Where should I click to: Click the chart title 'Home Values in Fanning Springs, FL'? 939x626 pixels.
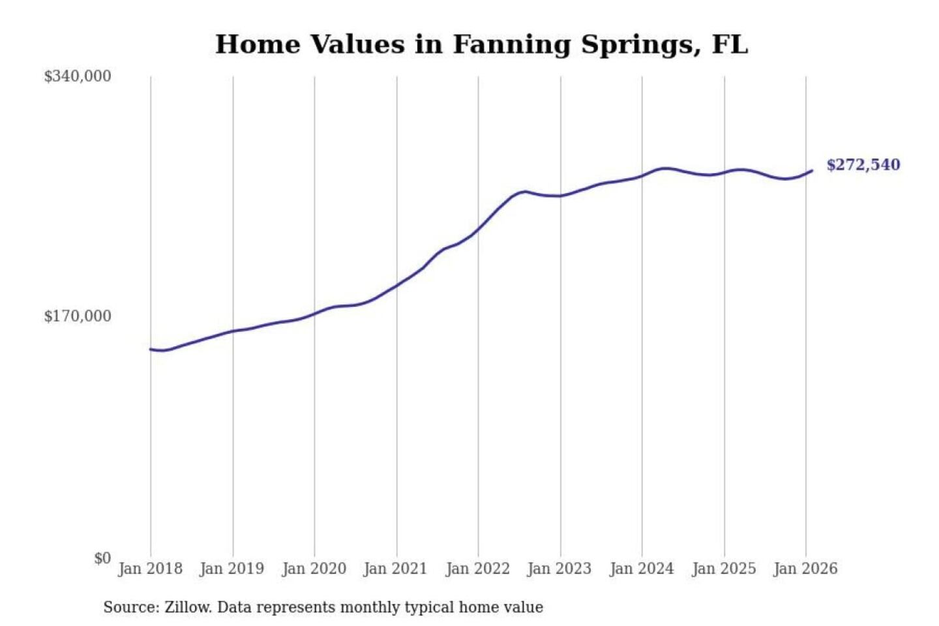[481, 44]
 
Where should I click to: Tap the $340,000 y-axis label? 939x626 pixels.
[78, 76]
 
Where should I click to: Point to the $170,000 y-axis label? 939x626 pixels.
[78, 316]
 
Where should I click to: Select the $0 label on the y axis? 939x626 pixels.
[102, 558]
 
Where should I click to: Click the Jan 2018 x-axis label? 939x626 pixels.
[150, 569]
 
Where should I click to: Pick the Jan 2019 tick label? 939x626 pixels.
[232, 569]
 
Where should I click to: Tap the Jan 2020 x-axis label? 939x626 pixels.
[314, 569]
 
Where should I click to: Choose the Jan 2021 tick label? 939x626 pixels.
[395, 569]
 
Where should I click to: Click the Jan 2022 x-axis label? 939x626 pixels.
[477, 569]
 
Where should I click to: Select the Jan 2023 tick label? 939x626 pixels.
[559, 569]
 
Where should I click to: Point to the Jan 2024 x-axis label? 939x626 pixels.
[641, 569]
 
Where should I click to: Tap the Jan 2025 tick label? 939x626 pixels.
[723, 569]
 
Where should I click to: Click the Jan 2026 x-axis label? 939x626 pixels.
[805, 569]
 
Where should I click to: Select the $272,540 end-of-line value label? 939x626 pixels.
[863, 165]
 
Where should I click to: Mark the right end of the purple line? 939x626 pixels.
[812, 171]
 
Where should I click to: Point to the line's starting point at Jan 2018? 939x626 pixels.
[151, 350]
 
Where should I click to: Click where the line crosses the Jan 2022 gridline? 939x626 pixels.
[478, 230]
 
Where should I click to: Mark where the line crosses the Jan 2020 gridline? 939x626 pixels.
[314, 314]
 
